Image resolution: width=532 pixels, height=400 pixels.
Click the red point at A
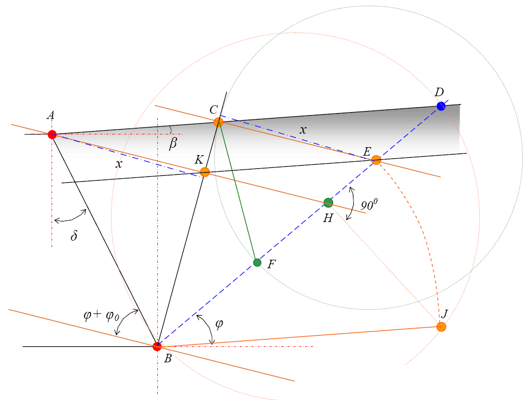(52, 134)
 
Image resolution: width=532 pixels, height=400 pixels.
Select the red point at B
(157, 346)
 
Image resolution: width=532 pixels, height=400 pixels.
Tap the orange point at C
(218, 122)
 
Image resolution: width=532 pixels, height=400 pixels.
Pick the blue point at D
(441, 106)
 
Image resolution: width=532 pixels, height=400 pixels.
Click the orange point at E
(376, 160)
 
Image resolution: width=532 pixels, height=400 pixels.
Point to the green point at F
(257, 262)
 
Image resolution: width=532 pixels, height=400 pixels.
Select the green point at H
(328, 203)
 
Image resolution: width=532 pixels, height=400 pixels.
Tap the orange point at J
(441, 327)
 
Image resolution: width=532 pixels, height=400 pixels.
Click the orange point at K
(205, 172)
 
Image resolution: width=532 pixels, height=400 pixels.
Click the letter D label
(440, 92)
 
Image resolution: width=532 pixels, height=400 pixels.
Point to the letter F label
(271, 264)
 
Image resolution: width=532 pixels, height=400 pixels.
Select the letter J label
(444, 313)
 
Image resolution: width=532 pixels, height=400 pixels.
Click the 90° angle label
(369, 205)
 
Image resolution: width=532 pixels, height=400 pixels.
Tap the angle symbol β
(173, 143)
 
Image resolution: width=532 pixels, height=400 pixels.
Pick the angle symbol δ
(74, 235)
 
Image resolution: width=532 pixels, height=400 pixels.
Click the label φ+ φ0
(102, 316)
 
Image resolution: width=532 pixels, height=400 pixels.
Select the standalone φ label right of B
(219, 324)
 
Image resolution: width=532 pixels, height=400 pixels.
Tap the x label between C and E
(303, 130)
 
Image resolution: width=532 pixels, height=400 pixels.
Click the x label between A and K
(119, 164)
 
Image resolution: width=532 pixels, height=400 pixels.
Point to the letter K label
(199, 160)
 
